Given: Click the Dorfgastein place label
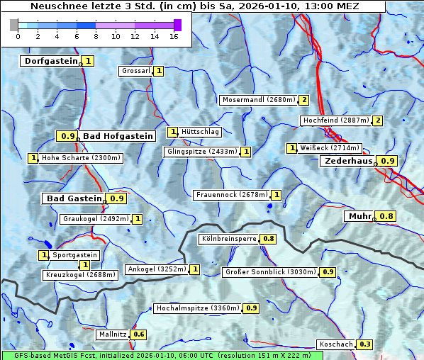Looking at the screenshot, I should pos(50,61).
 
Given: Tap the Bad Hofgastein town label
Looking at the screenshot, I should pos(117,136).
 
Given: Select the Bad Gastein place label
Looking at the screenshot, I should pos(74,198).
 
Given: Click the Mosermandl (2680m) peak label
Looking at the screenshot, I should pos(259,100).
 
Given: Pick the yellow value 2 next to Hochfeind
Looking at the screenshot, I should pos(377,120).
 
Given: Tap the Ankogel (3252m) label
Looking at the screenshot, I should pos(156,269).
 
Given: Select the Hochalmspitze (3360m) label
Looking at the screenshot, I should pos(198,308).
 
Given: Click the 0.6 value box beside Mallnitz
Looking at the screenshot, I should pos(138,334).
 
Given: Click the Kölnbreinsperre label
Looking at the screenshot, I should pos(228,239).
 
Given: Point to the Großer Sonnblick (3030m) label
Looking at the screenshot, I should pos(270,271).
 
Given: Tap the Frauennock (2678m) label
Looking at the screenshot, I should pos(231,194).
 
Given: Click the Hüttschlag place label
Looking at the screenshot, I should pos(201,132).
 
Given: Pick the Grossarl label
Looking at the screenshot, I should pos(136,71).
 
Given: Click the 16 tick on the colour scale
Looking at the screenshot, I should pos(174,35).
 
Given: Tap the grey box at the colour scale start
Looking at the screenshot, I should pos(14,24).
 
